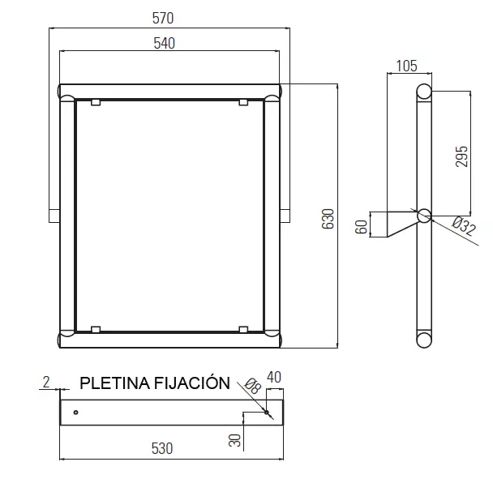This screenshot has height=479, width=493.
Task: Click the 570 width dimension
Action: tap(163, 18)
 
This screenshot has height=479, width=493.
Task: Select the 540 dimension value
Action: tap(164, 44)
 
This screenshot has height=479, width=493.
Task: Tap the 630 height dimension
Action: tap(328, 219)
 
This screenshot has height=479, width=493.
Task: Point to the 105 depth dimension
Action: tap(406, 66)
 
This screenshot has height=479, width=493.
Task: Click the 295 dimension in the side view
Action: tap(462, 156)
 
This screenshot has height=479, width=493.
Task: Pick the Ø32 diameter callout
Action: tap(464, 226)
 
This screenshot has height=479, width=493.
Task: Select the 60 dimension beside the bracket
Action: tap(361, 227)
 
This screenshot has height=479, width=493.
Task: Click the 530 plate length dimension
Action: tap(162, 448)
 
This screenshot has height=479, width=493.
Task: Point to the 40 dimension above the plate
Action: tap(274, 377)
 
